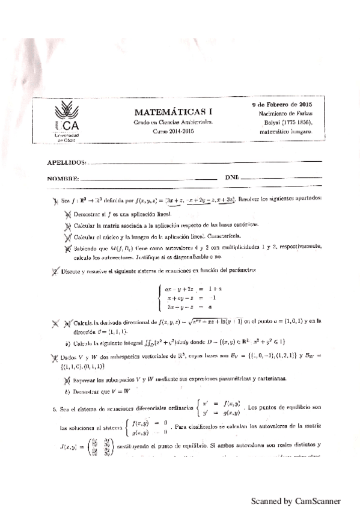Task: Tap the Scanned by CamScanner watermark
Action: [x=296, y=500]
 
